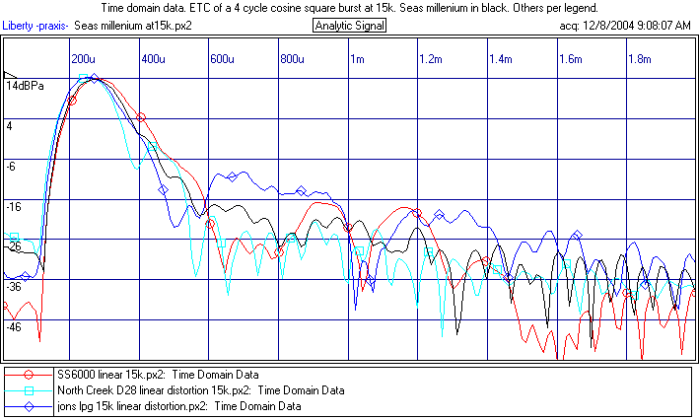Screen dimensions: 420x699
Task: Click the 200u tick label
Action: click(84, 59)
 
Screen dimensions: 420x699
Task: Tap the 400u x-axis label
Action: click(153, 59)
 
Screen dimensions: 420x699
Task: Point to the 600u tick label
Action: click(223, 59)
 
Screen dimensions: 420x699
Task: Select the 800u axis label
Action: click(293, 59)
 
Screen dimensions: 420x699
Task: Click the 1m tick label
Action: click(357, 59)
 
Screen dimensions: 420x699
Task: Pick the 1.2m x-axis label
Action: click(430, 59)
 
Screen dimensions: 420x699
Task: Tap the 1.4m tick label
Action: click(500, 59)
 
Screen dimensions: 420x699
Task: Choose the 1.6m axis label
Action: click(570, 59)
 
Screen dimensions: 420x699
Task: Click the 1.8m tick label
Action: click(640, 59)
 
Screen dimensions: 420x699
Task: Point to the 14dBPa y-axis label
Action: click(25, 87)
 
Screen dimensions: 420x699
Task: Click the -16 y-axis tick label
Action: click(14, 207)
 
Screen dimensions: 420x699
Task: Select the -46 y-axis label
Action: click(14, 326)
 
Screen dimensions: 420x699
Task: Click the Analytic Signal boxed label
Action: click(349, 25)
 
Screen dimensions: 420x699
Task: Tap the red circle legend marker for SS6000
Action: click(31, 376)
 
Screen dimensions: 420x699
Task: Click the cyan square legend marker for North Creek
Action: click(31, 390)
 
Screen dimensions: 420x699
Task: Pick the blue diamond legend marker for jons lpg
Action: click(31, 405)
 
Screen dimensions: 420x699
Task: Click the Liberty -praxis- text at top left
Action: click(35, 25)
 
